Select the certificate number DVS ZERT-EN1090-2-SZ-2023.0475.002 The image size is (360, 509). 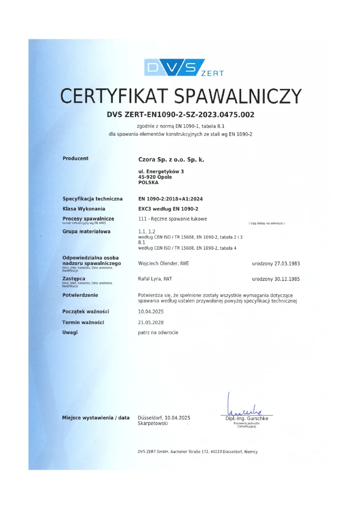tap(180, 115)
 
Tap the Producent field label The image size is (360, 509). tap(76, 159)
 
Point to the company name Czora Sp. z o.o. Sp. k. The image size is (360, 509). tap(171, 160)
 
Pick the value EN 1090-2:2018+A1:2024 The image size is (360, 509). tap(170, 199)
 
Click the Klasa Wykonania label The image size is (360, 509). tap(84, 209)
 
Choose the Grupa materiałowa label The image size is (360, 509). tap(87, 232)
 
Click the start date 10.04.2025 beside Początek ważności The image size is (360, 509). tap(151, 311)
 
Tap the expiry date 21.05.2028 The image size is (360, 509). tap(151, 322)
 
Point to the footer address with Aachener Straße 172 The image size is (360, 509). tap(197, 451)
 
